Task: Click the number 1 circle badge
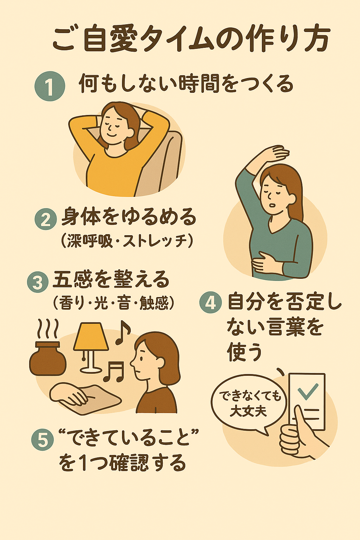point(50,86)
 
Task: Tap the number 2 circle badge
point(46,219)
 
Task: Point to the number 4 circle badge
point(211,303)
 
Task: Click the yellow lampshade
point(91,337)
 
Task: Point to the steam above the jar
point(48,329)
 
